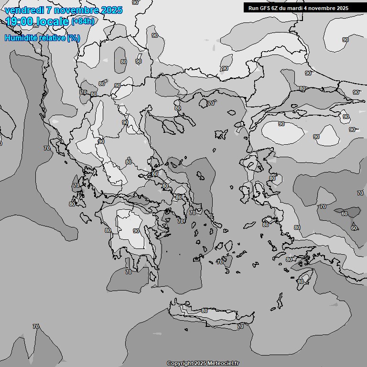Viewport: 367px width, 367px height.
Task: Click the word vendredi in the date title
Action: (23, 10)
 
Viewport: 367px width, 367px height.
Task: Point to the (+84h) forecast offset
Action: (83, 21)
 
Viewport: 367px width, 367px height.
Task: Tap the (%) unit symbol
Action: (74, 38)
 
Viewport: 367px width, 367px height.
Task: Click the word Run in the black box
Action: (253, 8)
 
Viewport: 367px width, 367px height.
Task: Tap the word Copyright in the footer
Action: (180, 363)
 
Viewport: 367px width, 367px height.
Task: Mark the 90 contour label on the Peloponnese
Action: (136, 231)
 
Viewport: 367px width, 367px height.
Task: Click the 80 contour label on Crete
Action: (205, 311)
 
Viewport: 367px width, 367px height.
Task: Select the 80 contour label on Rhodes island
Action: (300, 281)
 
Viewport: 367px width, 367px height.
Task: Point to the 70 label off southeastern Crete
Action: (240, 326)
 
